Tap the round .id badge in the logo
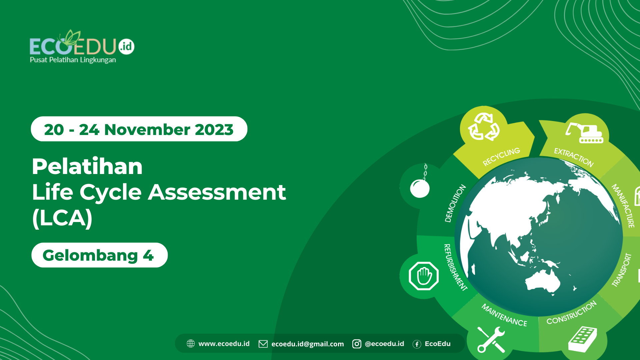[126, 46]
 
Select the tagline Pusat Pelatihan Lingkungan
[73, 60]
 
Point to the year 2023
[214, 130]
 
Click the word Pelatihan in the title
[87, 166]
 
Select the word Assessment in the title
[217, 192]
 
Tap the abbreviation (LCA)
[62, 218]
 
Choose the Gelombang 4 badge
[99, 255]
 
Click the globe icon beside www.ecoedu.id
[191, 344]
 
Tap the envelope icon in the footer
[263, 344]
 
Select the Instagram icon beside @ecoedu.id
[357, 344]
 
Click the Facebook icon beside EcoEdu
[417, 344]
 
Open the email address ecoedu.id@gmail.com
[307, 344]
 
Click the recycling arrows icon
[484, 127]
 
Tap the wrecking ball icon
[420, 185]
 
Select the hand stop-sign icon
[424, 276]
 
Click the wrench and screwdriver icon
[491, 339]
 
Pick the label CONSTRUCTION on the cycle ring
[571, 313]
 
